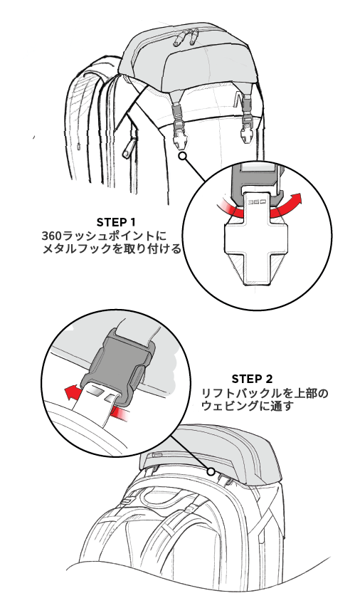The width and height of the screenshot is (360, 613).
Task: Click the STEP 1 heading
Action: (x=116, y=222)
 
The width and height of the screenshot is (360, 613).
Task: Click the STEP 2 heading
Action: (x=252, y=379)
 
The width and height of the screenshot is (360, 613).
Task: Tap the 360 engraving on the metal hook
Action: (x=258, y=202)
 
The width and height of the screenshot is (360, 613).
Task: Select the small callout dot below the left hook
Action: (x=183, y=157)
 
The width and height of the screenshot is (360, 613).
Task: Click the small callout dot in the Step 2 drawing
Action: (x=211, y=471)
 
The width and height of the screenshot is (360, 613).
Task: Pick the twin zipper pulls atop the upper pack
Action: (x=188, y=36)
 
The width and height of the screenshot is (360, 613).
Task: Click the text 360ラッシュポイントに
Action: (x=105, y=237)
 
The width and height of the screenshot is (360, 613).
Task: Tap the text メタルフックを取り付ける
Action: (x=112, y=248)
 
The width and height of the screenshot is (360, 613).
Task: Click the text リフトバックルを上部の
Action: (x=265, y=393)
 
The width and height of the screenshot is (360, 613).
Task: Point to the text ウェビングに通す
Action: (x=247, y=406)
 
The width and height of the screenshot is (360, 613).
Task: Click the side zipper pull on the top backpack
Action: (x=128, y=149)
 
